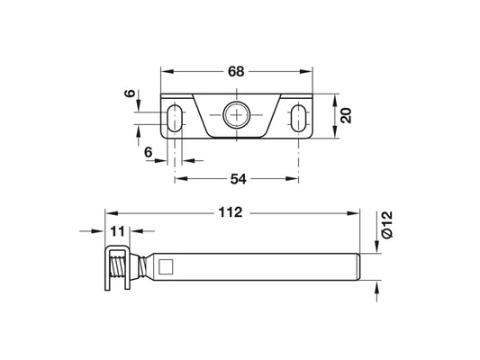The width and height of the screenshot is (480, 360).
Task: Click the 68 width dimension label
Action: (x=236, y=72)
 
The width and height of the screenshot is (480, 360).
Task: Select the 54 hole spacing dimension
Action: (x=238, y=179)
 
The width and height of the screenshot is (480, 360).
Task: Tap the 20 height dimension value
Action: (x=346, y=115)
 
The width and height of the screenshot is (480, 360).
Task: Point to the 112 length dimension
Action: (x=231, y=212)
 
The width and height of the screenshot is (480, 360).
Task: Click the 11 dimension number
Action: (x=118, y=231)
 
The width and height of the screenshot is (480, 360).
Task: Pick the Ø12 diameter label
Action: (x=387, y=224)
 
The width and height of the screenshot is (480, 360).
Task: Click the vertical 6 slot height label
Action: (x=130, y=94)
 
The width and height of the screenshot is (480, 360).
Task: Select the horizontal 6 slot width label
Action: (x=149, y=152)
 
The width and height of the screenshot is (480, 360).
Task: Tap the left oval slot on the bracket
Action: (x=175, y=118)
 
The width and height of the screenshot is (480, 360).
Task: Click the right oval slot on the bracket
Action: (x=298, y=118)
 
